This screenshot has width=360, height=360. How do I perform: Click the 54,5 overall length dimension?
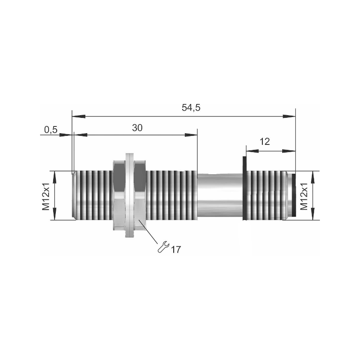(x=191, y=108)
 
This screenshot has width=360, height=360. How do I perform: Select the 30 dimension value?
(x=137, y=128)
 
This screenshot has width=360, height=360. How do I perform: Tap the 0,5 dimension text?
(x=51, y=130)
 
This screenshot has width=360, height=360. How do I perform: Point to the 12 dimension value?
(x=265, y=142)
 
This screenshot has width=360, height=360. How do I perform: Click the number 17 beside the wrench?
(x=176, y=249)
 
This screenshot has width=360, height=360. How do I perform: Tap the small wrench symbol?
(x=163, y=247)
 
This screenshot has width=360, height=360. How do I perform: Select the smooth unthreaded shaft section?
(x=220, y=196)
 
